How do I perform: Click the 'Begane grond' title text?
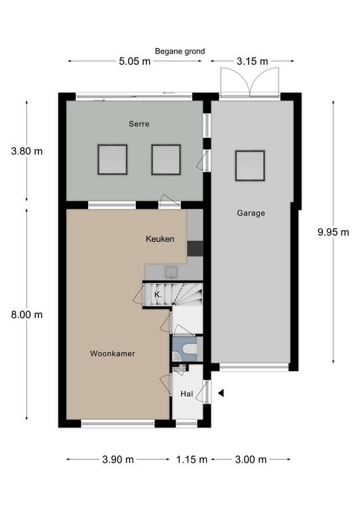pos(180,51)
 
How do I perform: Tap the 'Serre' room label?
pos(139,124)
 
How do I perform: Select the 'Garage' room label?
pos(251,213)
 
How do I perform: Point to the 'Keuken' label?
pos(160,239)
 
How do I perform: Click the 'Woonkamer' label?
pos(112,353)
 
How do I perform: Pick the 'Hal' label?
pos(187,394)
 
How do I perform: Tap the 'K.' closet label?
pos(158,295)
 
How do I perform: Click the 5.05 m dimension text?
pos(135,61)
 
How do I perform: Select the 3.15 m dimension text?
pos(252,61)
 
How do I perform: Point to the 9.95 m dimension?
pos(333,232)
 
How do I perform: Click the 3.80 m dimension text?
pos(27,151)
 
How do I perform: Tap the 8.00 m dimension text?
pos(27,315)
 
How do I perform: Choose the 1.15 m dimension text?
pos(192,459)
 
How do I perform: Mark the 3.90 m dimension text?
pos(118,459)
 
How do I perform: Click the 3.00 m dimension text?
pos(251,459)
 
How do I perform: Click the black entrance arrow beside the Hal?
pos(221,393)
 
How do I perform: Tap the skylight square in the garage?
pos(250,166)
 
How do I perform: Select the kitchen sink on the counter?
pos(171,272)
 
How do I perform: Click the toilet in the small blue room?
pos(188,349)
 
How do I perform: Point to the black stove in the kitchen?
pos(195,249)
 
